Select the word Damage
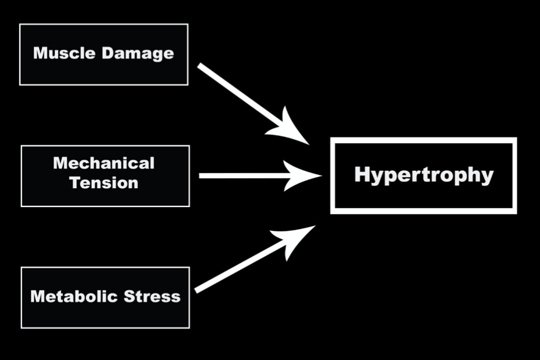(x=138, y=54)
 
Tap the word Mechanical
(x=104, y=163)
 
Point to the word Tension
(x=104, y=183)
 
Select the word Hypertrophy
(x=423, y=175)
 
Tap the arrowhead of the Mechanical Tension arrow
(x=306, y=175)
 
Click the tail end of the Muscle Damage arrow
(x=200, y=66)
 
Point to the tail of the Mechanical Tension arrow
(x=201, y=175)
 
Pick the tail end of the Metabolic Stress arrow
(x=197, y=290)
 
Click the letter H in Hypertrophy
(x=362, y=174)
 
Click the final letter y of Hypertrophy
(x=487, y=177)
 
